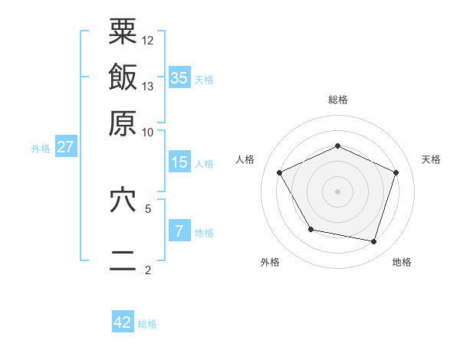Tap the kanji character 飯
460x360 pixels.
[x=123, y=77]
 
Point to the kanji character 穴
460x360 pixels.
[x=123, y=200]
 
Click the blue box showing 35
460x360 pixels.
[x=179, y=77]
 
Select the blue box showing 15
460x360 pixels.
[x=179, y=162]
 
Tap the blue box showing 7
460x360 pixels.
[x=179, y=231]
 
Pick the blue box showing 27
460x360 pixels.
[x=66, y=147]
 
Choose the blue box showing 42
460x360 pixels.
[x=123, y=322]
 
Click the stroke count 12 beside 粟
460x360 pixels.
[x=148, y=40]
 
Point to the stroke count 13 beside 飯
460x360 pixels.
[x=148, y=86]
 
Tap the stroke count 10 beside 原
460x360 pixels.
[x=148, y=131]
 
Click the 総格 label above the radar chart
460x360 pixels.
[x=337, y=100]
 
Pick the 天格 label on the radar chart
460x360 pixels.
[x=431, y=159]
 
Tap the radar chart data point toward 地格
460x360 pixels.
[x=373, y=242]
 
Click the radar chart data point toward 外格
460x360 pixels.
[x=310, y=229]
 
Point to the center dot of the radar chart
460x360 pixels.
[x=337, y=191]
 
